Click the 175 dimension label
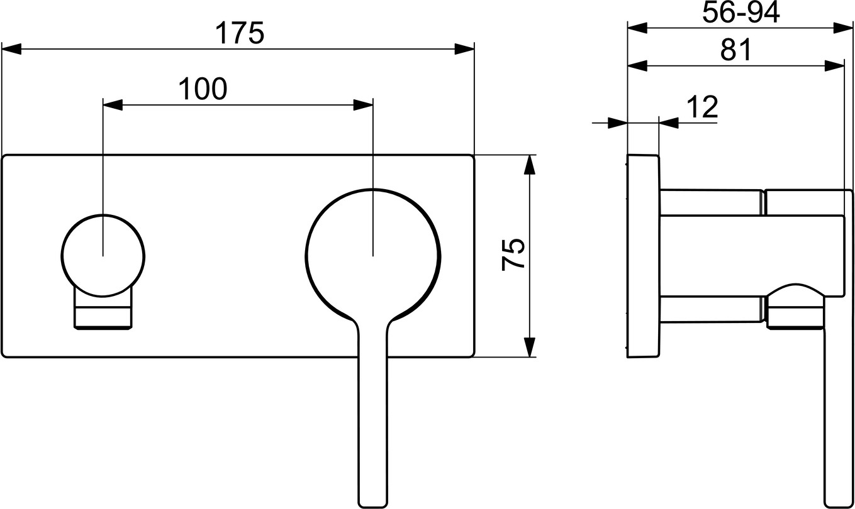(240, 33)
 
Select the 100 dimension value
(203, 89)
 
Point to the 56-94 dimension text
(741, 13)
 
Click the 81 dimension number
(735, 50)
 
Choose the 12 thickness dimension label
(702, 107)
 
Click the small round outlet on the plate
(103, 256)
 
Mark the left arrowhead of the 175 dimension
(11, 49)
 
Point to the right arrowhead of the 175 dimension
(464, 49)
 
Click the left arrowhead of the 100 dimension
(113, 105)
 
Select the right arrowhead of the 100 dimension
(363, 105)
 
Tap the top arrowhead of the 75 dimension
(529, 165)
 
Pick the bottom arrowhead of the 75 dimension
(529, 348)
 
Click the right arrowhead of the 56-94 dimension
(843, 28)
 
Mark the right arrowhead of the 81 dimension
(834, 66)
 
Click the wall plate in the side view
(644, 256)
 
